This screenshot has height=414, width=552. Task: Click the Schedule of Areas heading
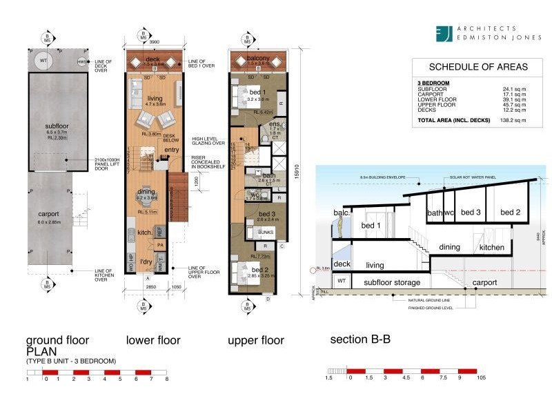pyautogui.click(x=469, y=67)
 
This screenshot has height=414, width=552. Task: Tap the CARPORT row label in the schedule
pyautogui.click(x=431, y=93)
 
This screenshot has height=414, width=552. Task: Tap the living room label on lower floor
pyautogui.click(x=155, y=99)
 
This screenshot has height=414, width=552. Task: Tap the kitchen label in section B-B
pyautogui.click(x=492, y=247)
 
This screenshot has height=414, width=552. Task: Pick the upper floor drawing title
pyautogui.click(x=255, y=340)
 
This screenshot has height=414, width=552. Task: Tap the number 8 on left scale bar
pyautogui.click(x=167, y=379)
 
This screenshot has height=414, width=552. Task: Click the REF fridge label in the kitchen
pyautogui.click(x=159, y=231)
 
